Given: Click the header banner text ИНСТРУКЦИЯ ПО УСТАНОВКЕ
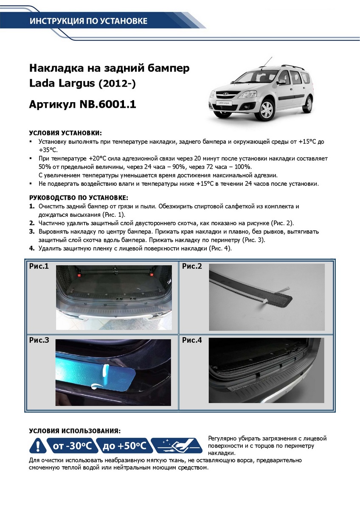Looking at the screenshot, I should [x=88, y=21].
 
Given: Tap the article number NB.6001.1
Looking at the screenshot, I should [x=108, y=104].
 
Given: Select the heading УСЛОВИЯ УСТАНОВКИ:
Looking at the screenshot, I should [x=65, y=133].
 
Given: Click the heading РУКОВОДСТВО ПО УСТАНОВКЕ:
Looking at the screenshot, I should [x=79, y=198].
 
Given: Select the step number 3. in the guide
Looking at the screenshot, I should [x=31, y=232].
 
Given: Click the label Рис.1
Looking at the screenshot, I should [x=39, y=267].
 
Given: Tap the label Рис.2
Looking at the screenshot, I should [x=192, y=267].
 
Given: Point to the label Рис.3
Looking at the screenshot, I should [x=39, y=340].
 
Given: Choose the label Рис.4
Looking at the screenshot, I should [x=192, y=340].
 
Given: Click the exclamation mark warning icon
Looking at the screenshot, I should [x=38, y=446].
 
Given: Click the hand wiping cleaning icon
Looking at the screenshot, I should [x=177, y=446].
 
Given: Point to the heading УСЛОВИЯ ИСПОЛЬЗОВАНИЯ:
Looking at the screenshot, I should [x=75, y=431].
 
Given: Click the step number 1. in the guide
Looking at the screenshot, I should [x=31, y=206].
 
